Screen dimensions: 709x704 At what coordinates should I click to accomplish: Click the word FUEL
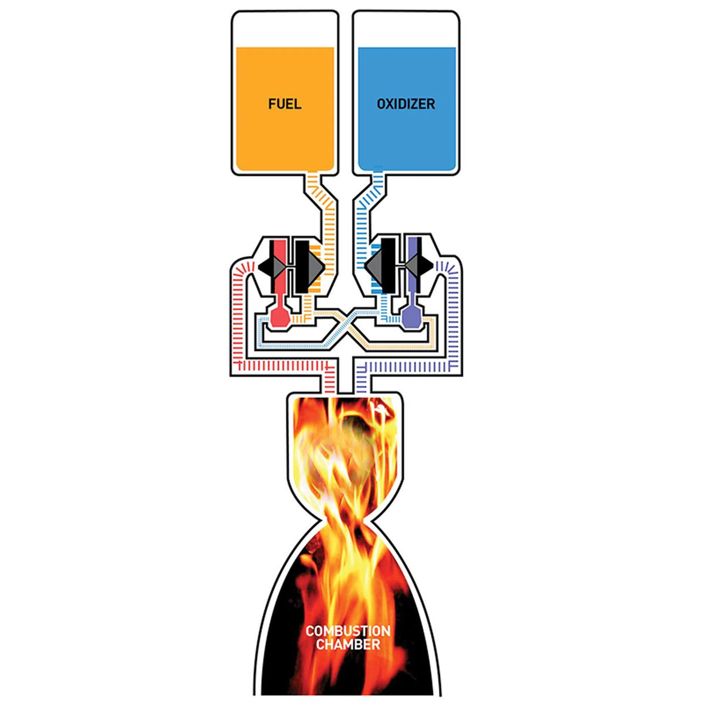point(285,104)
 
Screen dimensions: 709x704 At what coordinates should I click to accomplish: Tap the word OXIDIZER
point(406,104)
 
